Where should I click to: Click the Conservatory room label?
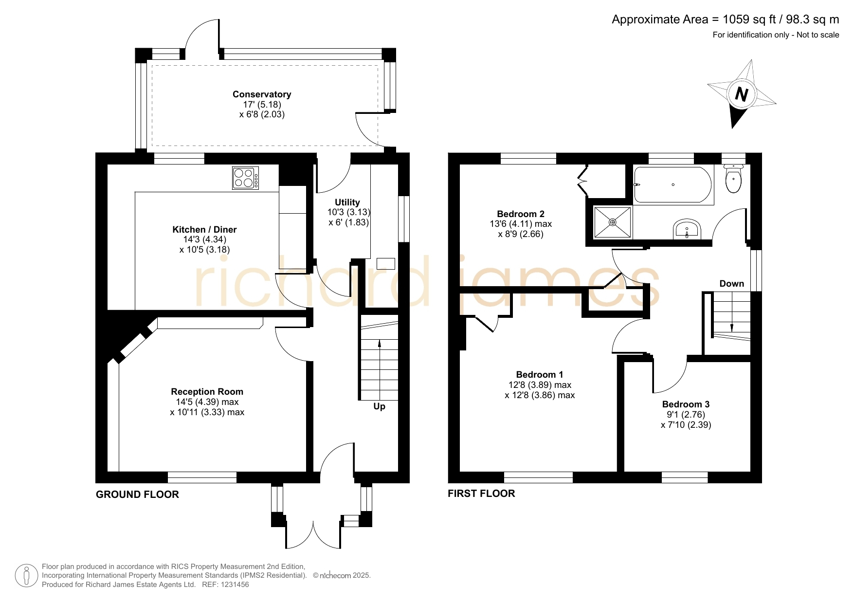[262, 94]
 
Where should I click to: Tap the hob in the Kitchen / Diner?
[246, 178]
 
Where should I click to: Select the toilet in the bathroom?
[733, 178]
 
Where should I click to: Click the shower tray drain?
[613, 222]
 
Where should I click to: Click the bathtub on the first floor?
[672, 185]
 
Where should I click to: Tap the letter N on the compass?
[741, 94]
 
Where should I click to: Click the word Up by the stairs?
[380, 406]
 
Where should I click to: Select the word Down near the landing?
[732, 284]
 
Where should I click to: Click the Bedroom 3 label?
[686, 404]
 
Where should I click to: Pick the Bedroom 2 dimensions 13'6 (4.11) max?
[521, 224]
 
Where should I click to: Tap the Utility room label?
[347, 202]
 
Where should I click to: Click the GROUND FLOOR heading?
[137, 494]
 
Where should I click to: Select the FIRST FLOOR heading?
[481, 494]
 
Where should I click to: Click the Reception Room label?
[207, 392]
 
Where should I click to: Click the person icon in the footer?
[26, 576]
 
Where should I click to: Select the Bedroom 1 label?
[540, 375]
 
